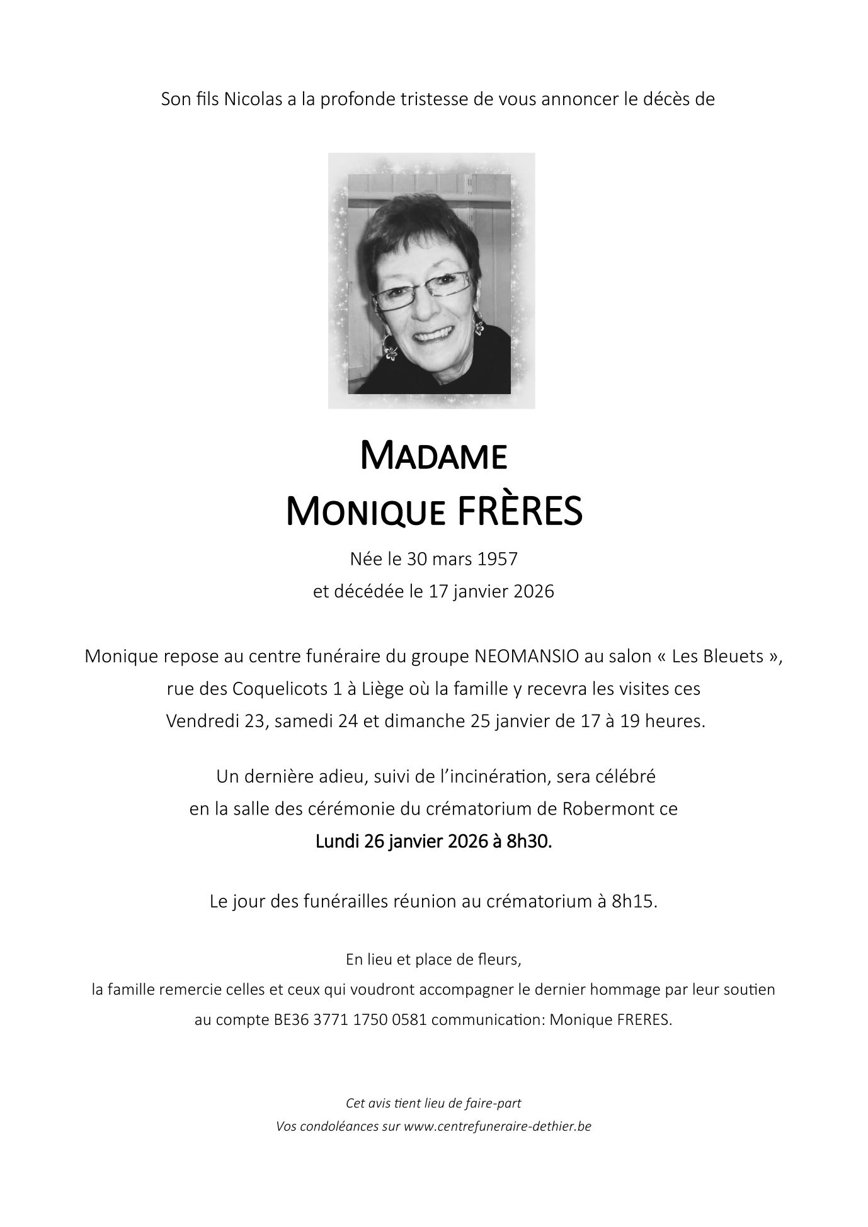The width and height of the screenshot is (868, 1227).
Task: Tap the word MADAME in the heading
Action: (x=433, y=456)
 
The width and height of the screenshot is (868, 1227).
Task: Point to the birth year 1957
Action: (x=498, y=558)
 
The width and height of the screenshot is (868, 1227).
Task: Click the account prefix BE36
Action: (x=292, y=1020)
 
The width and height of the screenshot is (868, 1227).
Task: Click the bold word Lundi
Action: (x=337, y=841)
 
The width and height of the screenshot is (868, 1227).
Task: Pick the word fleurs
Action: (x=498, y=960)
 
